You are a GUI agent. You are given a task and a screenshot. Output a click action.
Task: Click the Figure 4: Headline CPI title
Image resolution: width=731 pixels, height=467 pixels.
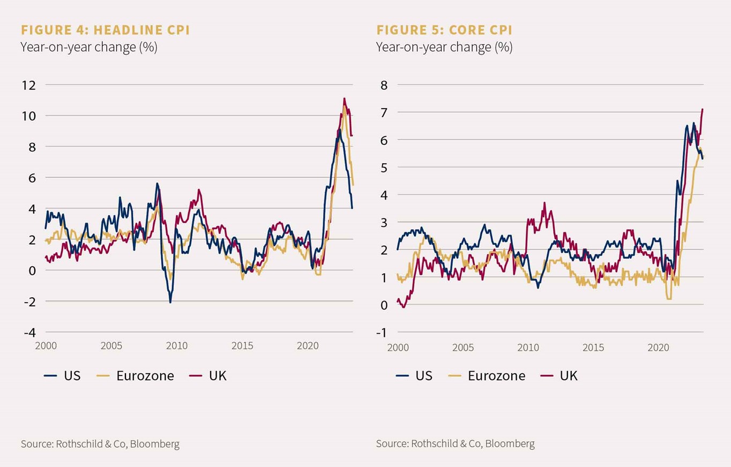[105, 29]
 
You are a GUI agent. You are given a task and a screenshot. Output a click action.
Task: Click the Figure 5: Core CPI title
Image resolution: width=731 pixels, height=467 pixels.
[444, 29]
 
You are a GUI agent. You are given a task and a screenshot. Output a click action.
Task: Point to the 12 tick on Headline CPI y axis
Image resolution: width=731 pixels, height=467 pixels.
[28, 85]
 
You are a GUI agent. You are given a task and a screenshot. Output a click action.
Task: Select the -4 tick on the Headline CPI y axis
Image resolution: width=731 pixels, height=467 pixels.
[28, 332]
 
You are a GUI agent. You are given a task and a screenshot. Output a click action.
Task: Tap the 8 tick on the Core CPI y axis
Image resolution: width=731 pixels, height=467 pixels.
[384, 85]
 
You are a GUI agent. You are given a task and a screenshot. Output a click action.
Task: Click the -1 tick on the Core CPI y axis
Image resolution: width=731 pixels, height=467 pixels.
[382, 332]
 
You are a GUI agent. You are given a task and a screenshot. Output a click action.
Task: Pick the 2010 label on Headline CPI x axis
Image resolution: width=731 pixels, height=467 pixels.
[177, 346]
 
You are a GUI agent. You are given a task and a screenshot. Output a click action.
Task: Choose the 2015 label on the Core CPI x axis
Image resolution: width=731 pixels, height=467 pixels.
[593, 348]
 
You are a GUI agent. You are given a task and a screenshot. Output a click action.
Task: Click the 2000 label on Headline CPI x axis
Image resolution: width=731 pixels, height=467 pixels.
[46, 346]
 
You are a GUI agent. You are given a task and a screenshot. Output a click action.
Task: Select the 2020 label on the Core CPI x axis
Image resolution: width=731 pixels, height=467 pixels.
[658, 348]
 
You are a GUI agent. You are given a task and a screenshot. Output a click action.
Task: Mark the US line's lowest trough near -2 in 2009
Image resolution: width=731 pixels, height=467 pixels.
[170, 303]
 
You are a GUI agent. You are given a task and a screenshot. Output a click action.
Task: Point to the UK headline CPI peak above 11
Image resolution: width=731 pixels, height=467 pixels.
[344, 99]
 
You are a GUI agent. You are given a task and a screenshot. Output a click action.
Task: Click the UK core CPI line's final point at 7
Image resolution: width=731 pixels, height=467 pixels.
[703, 109]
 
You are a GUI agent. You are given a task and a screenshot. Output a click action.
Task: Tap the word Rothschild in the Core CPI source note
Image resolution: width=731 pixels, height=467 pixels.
[434, 444]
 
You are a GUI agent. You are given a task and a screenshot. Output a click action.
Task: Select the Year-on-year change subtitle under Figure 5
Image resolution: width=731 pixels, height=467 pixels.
[444, 47]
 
